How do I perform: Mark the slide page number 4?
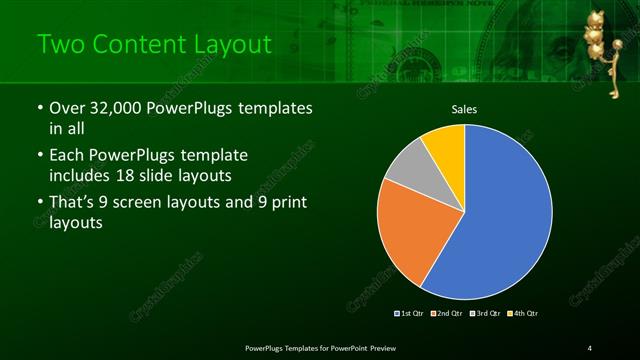[x=590, y=347]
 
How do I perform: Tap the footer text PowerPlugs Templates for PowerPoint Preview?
[x=321, y=347]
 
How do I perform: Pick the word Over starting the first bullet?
[x=67, y=108]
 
